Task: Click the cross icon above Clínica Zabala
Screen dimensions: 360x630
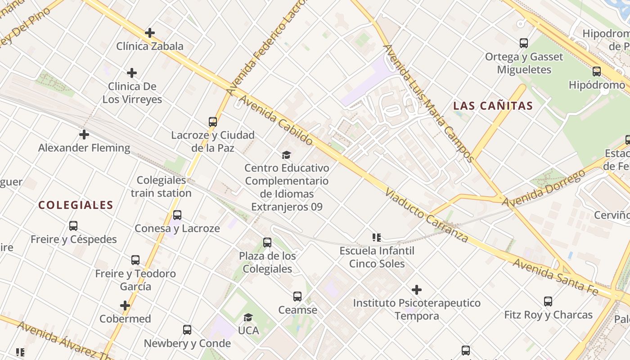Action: [x=150, y=33]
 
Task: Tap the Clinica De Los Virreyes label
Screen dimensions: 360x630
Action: [x=132, y=93]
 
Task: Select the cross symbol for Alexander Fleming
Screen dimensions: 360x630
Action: [x=84, y=135]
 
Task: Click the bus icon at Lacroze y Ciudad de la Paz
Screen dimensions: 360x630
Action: [x=213, y=121]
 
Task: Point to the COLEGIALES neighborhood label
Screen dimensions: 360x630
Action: [x=76, y=205]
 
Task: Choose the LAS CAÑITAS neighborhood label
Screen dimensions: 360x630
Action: [x=493, y=106]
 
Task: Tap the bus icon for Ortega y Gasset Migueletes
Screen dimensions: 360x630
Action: [x=524, y=43]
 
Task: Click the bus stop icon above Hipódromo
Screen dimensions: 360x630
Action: [x=597, y=71]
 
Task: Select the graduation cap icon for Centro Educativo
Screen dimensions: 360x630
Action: [x=287, y=155]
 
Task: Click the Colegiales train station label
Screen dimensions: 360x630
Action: [x=162, y=187]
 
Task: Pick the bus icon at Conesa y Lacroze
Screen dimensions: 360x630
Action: [x=177, y=215]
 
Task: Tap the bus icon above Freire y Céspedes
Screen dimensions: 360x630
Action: [x=73, y=226]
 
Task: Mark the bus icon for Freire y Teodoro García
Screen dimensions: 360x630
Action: [x=135, y=260]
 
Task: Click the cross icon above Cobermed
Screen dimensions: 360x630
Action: [x=125, y=306]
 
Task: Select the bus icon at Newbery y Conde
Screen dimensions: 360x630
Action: [x=187, y=330]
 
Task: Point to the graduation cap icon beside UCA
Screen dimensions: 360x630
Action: [x=248, y=318]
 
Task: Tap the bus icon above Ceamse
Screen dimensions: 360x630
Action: [x=297, y=297]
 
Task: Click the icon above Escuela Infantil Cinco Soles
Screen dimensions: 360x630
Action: [x=377, y=237]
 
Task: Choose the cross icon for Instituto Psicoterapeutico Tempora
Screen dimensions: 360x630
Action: [x=417, y=290]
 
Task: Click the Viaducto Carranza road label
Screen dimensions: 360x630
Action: [x=427, y=216]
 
